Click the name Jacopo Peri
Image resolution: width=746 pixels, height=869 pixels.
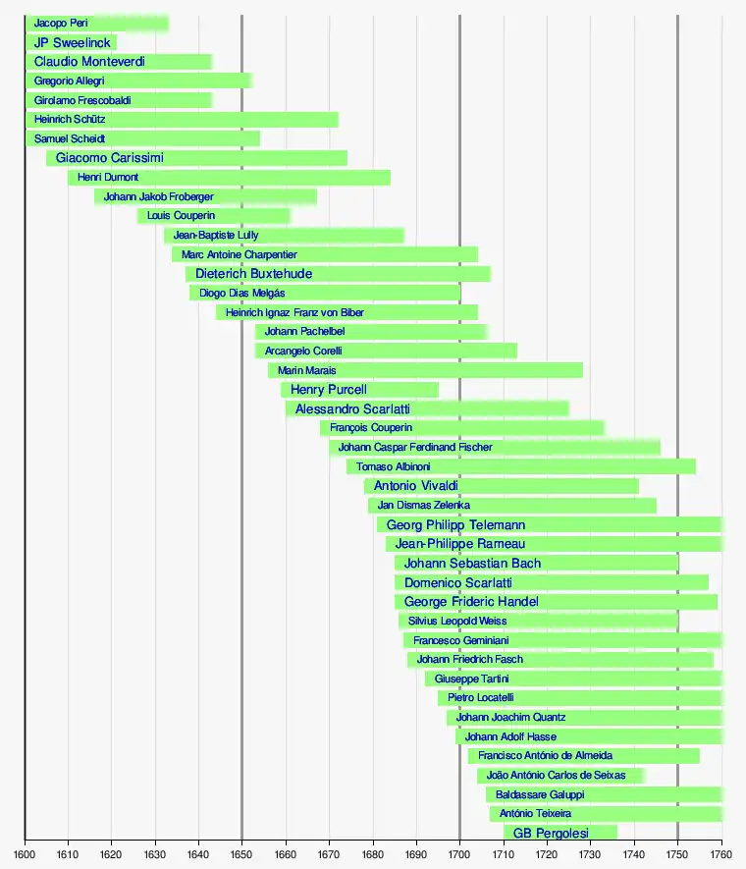tap(61, 24)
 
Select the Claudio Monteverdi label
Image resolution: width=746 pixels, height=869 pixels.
tap(89, 62)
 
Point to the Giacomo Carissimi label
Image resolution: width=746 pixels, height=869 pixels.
tap(110, 158)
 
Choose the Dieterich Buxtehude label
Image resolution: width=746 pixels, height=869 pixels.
tap(254, 274)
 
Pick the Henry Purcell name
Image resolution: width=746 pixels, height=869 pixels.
tap(329, 390)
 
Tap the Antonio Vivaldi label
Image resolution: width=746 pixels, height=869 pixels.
tap(416, 486)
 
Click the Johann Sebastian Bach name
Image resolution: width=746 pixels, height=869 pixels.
tap(472, 564)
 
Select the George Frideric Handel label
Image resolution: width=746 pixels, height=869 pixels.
tap(471, 602)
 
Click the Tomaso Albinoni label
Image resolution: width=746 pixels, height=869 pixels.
tap(394, 466)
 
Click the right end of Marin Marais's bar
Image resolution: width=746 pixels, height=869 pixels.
tap(582, 370)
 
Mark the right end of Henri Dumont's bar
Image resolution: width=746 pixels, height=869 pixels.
tap(390, 178)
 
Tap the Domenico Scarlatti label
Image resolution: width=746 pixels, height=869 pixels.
tap(458, 583)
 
